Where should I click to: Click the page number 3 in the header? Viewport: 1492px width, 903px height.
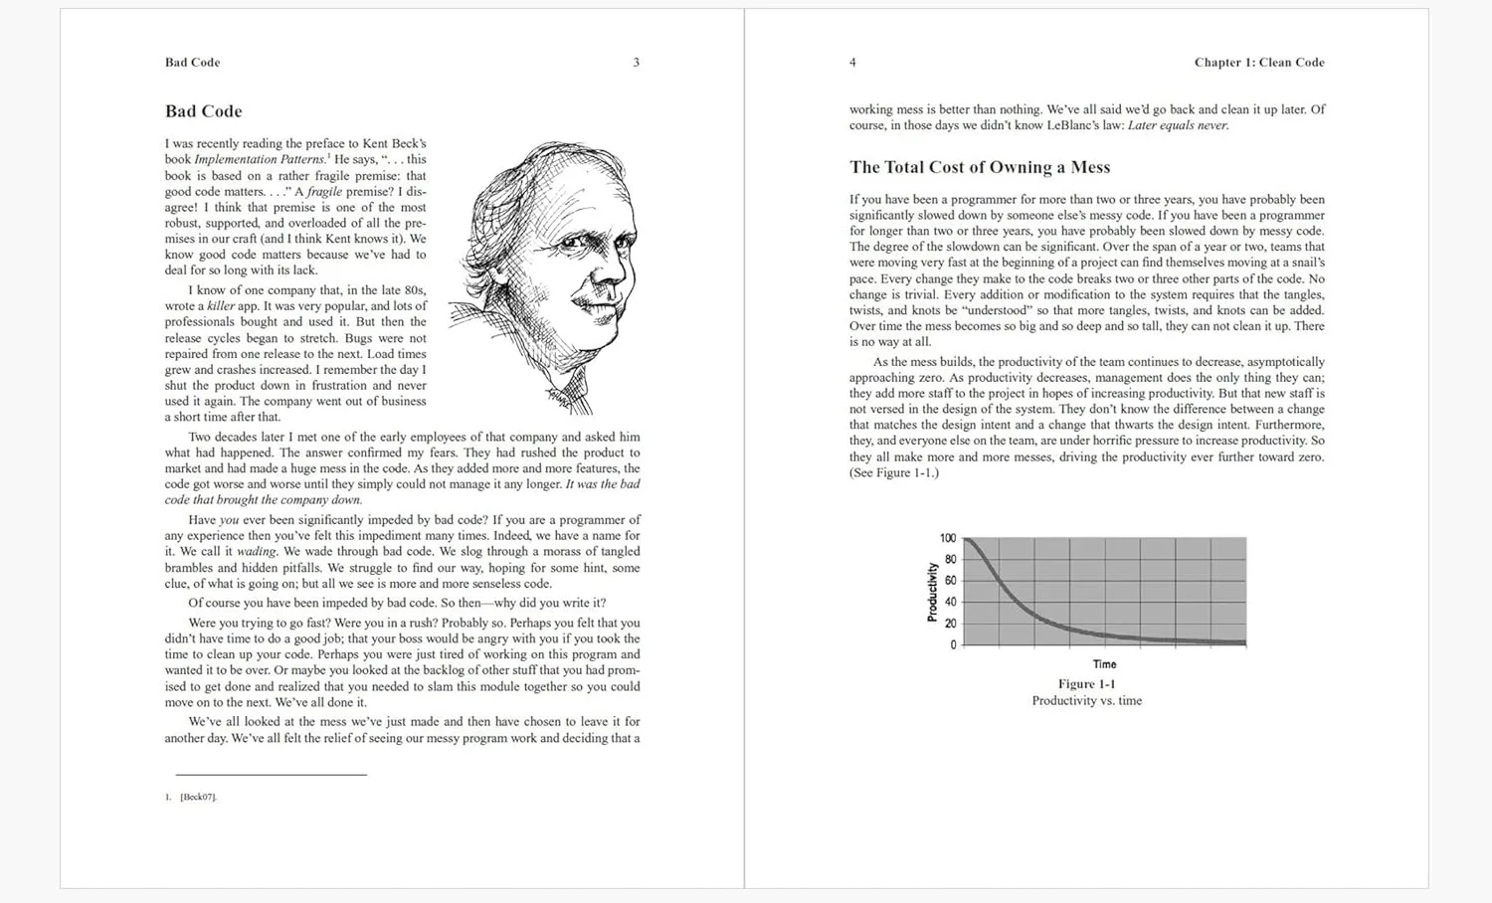coord(637,63)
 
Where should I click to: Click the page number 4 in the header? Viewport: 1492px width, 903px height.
coord(852,63)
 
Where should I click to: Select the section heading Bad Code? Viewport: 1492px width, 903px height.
coord(204,111)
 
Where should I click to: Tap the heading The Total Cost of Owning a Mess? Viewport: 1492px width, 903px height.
coord(980,167)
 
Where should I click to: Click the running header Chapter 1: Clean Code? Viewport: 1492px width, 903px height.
coord(1259,63)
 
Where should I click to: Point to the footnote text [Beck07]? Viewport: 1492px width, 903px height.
coord(198,797)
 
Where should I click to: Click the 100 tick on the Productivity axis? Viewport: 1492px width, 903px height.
coord(948,538)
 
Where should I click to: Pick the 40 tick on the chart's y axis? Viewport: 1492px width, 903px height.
coord(950,602)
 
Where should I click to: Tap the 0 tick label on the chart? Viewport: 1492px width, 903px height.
coord(953,644)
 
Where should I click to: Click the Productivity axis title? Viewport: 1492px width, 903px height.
coord(932,592)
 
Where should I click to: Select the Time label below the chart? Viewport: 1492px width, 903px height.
coord(1104,664)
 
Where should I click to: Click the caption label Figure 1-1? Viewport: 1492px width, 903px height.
coord(1086,684)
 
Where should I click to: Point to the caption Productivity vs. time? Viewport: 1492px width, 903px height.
coord(1086,701)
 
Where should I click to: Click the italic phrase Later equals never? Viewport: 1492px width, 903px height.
coord(1178,125)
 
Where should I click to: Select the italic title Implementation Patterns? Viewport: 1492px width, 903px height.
coord(260,159)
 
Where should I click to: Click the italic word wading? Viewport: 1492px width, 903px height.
coord(256,552)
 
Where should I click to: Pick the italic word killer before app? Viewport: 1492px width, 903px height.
coord(220,306)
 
